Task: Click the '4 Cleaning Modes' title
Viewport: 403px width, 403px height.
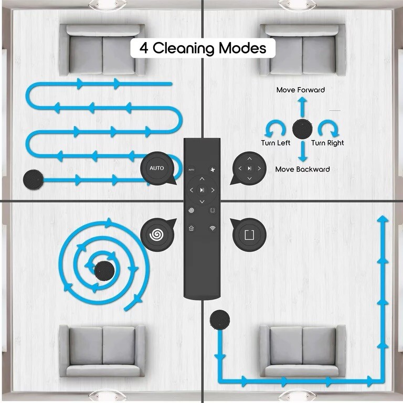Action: tap(203, 48)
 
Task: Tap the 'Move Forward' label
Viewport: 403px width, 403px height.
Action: tap(301, 90)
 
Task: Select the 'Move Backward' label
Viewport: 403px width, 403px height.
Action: tap(302, 169)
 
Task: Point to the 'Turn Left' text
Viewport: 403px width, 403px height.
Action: tap(276, 143)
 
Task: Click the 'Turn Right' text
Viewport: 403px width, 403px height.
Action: tap(327, 143)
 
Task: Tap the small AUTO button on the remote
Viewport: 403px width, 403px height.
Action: tap(192, 169)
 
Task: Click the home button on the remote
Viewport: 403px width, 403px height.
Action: tap(191, 228)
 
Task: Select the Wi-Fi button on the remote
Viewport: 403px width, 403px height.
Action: tap(213, 228)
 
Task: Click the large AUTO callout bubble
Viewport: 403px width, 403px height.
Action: tap(157, 168)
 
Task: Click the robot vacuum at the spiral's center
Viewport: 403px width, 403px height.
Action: tap(104, 269)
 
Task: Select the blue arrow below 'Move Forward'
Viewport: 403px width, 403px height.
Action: tap(302, 107)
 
